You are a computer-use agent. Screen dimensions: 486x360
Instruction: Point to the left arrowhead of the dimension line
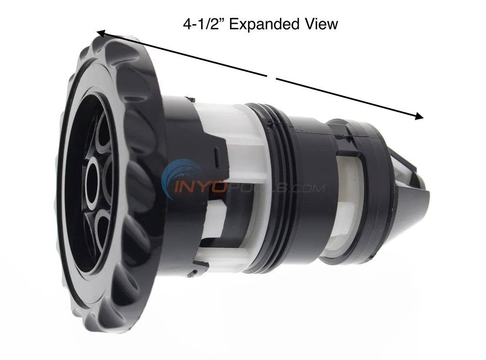tap(101, 33)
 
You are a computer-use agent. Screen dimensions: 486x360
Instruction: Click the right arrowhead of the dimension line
tap(419, 116)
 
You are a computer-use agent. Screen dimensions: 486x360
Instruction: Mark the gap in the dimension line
tap(271, 77)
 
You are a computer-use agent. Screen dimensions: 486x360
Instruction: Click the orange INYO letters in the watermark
tap(198, 187)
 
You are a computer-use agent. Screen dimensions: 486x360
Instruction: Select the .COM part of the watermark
tap(306, 188)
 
